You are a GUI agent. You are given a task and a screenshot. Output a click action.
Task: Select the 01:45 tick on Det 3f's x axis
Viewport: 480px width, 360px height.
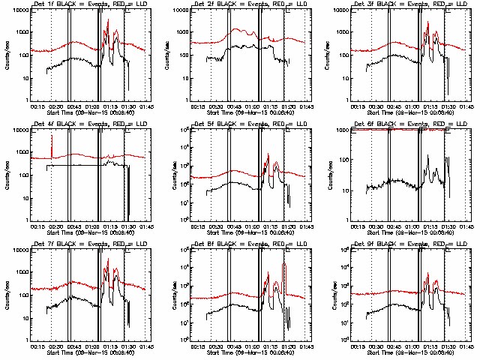[x=466, y=105]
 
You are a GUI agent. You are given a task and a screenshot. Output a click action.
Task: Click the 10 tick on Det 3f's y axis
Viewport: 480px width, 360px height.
[x=340, y=78]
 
